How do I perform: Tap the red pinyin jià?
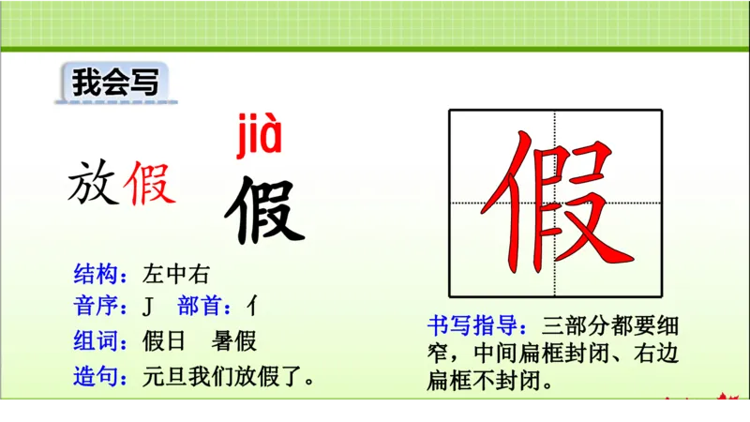256,137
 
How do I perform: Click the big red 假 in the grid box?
555,202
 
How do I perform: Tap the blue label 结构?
100,275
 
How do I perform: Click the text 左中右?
177,275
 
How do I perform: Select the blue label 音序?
100,307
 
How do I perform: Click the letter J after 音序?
148,307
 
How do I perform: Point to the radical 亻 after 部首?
252,307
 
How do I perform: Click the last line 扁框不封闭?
487,381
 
